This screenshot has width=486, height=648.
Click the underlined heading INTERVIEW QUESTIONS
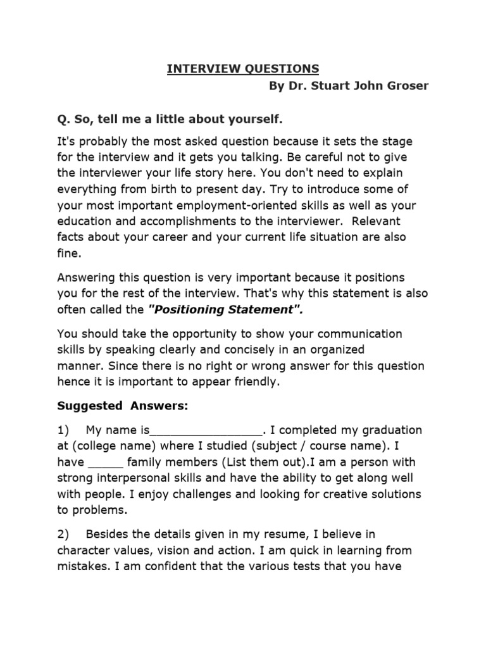click(x=243, y=69)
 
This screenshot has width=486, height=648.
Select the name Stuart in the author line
click(x=327, y=86)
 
